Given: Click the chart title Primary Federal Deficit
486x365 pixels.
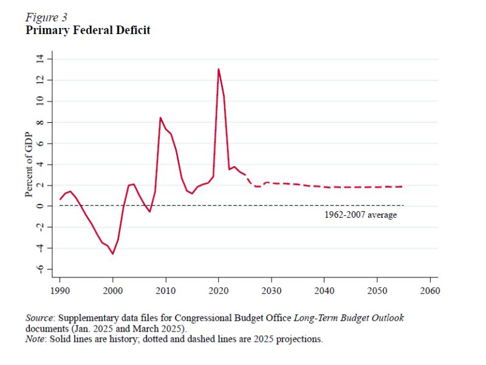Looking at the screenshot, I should point(87,30).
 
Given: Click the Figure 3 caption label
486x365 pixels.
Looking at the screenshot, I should point(46,17).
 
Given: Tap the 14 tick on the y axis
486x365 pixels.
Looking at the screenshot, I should point(40,59).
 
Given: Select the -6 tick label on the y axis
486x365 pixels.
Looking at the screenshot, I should point(40,269).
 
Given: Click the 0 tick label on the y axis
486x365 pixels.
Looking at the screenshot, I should point(40,206).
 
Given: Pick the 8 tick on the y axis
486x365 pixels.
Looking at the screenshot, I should point(40,122).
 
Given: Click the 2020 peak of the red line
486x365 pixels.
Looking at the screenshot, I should point(219,69).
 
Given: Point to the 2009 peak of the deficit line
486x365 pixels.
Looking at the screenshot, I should point(160,117).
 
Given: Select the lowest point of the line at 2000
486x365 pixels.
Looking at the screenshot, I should point(113,254).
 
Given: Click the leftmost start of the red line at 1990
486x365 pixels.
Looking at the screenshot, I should point(60,199).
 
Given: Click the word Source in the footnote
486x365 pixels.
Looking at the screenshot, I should point(39,318).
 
